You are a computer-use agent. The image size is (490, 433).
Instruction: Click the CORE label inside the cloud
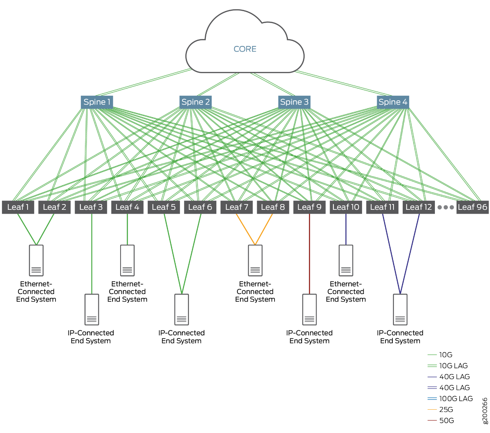point(245,49)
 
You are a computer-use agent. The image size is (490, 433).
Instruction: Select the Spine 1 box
point(97,102)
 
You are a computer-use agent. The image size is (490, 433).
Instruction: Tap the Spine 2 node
point(196,102)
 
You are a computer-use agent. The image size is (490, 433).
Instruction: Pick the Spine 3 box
point(294,102)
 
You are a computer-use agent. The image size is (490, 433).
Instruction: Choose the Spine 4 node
point(393,102)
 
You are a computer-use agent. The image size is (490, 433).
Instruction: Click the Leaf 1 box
point(18,207)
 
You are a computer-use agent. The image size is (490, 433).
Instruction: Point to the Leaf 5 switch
point(163,207)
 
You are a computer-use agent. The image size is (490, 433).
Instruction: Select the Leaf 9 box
point(309,207)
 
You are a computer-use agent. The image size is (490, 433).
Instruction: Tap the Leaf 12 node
point(418,207)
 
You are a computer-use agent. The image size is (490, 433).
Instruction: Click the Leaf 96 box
point(472,207)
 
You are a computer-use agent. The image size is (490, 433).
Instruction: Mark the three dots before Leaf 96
point(446,208)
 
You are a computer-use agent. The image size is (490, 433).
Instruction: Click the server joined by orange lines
point(255,260)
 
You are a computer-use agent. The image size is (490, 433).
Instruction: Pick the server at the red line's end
point(309,309)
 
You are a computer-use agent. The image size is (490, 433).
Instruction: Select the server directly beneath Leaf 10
point(346,260)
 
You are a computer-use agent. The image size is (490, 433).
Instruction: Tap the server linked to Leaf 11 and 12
point(400,309)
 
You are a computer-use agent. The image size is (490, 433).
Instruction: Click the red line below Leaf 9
point(309,253)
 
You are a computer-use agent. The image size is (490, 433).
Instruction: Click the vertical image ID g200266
point(485,411)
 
